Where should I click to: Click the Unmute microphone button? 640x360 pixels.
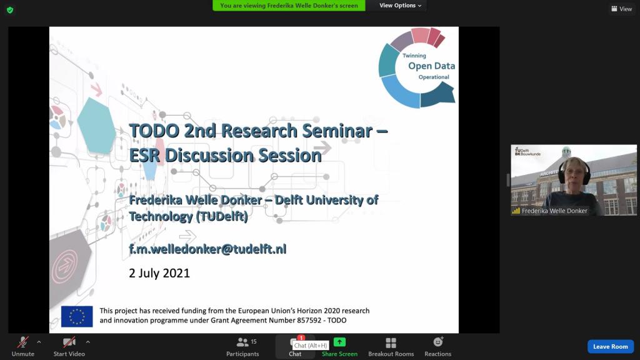point(23,346)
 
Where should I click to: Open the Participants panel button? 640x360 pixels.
point(242,346)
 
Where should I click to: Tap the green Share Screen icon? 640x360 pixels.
point(339,342)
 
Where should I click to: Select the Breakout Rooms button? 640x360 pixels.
point(391,346)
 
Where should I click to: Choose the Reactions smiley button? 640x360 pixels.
point(438,346)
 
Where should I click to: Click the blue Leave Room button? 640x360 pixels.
point(611,346)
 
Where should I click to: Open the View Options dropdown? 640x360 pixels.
point(400,5)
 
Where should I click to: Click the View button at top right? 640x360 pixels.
point(622,9)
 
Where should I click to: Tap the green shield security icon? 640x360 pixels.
point(10,10)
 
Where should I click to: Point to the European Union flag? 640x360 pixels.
point(77,316)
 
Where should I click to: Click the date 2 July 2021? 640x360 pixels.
point(159,273)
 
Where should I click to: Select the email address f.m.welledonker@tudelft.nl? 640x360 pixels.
point(207,249)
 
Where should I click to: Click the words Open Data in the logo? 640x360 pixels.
point(431,66)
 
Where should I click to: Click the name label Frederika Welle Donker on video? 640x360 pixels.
point(554,211)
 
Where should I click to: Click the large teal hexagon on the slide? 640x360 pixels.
point(96,126)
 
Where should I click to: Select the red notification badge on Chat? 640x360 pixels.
point(301,337)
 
